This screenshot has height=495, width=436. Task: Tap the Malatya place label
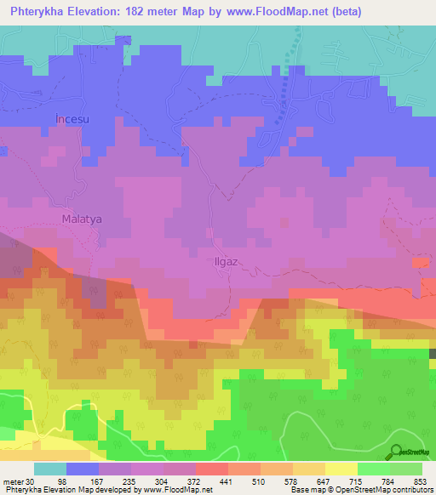coord(82,219)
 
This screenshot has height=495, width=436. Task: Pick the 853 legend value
coord(419,481)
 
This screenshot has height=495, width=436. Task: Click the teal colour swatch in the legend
coord(50,469)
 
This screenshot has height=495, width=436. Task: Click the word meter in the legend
coord(14,481)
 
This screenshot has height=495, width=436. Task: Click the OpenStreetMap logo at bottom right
coord(408,452)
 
